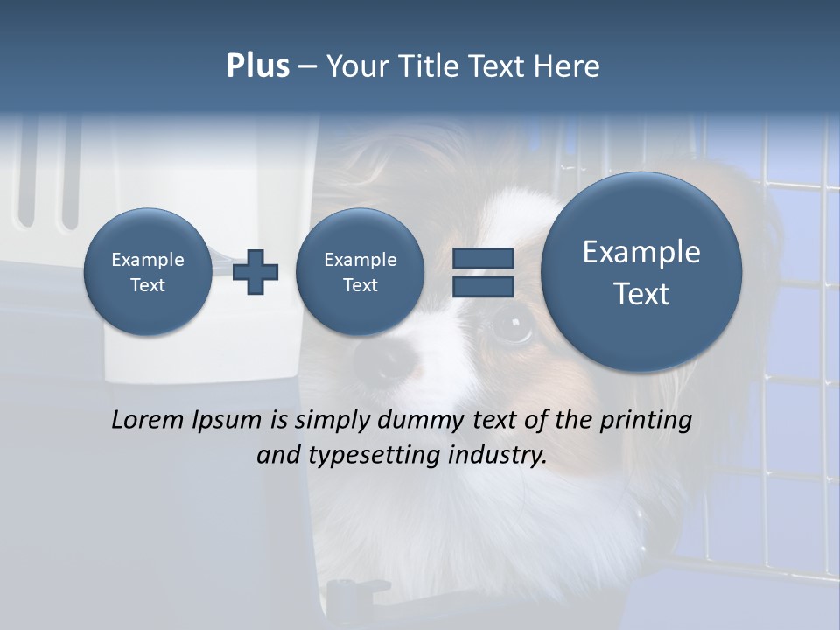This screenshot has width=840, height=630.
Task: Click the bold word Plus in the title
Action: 257,66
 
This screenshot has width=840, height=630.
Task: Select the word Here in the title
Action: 567,66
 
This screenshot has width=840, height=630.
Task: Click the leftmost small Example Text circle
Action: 147,271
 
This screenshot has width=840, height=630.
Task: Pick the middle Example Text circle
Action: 360,271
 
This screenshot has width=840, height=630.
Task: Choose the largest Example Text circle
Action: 641,272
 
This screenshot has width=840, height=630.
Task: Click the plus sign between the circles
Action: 255,272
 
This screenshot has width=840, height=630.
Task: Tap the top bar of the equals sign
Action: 483,258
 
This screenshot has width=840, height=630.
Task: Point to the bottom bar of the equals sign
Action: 483,286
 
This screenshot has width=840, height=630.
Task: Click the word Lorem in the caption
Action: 145,420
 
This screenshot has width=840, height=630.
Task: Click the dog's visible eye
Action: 512,326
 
